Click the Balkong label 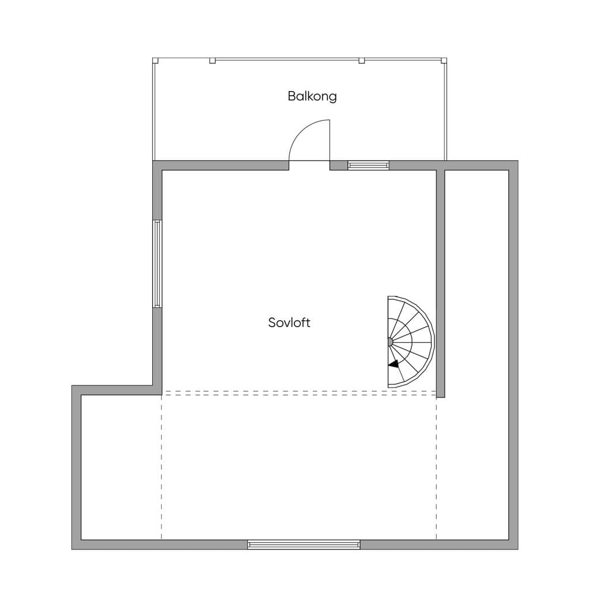(312, 96)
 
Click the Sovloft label (289, 323)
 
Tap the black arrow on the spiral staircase (394, 364)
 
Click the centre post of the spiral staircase (389, 342)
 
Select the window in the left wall (157, 264)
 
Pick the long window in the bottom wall (304, 545)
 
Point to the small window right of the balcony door (368, 165)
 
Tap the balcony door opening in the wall (309, 165)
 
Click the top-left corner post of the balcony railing (155, 60)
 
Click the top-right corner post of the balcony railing (444, 60)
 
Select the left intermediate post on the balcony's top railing (213, 60)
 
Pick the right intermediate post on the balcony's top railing (361, 60)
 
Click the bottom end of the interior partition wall (441, 397)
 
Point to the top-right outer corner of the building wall (518, 161)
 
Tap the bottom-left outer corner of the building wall (72, 549)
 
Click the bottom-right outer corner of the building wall (518, 549)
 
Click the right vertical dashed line (436, 467)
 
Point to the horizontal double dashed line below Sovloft (299, 393)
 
